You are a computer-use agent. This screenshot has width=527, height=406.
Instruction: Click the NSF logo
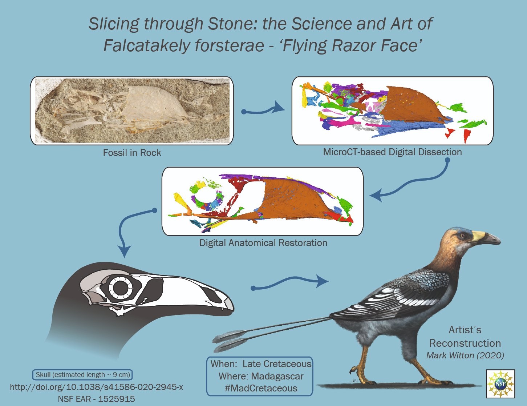tap(500, 384)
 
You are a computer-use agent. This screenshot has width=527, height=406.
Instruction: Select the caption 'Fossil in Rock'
tap(132, 153)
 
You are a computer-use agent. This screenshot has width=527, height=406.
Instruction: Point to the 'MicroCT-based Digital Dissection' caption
tap(392, 152)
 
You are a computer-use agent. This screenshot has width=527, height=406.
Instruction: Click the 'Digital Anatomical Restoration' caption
tap(263, 243)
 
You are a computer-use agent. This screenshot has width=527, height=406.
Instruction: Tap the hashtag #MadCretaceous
tap(261, 388)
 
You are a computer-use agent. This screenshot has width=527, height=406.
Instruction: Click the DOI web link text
tap(96, 387)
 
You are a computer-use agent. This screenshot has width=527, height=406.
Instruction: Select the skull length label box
tap(82, 375)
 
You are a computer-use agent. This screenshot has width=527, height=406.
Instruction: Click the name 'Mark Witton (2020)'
tap(465, 355)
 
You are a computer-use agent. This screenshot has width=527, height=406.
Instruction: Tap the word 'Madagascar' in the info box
tap(277, 376)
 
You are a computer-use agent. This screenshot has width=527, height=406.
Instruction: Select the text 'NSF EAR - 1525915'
tap(96, 399)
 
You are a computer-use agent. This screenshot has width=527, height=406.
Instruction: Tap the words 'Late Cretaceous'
tap(277, 364)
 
